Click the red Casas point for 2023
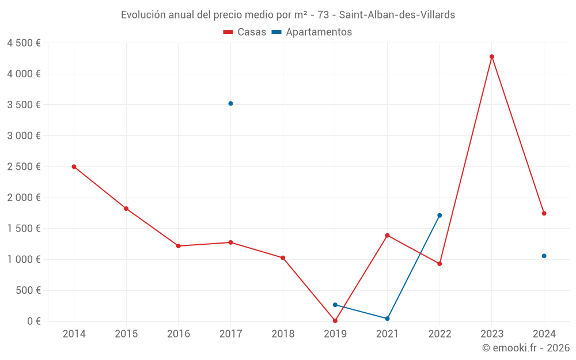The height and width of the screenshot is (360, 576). pyautogui.click(x=492, y=56)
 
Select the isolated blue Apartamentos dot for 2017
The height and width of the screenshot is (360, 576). pyautogui.click(x=230, y=104)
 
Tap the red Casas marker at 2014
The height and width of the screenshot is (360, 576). pyautogui.click(x=74, y=166)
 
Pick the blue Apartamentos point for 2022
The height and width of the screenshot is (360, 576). pyautogui.click(x=439, y=215)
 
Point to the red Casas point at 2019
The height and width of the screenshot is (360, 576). pyautogui.click(x=335, y=321)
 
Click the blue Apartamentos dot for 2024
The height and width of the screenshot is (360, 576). pyautogui.click(x=544, y=256)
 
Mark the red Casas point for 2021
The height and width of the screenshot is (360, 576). pyautogui.click(x=387, y=235)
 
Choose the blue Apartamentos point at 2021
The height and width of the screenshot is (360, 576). pyautogui.click(x=387, y=319)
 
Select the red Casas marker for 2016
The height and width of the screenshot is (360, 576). pyautogui.click(x=179, y=246)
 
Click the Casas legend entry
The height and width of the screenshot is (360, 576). pyautogui.click(x=245, y=32)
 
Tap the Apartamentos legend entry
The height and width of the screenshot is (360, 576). pyautogui.click(x=312, y=32)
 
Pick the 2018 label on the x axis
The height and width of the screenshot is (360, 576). pyautogui.click(x=283, y=334)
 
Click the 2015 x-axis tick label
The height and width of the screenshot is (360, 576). pyautogui.click(x=126, y=334)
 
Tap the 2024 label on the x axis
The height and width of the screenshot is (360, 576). pyautogui.click(x=544, y=334)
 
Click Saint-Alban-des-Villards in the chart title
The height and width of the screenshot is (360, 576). pyautogui.click(x=397, y=15)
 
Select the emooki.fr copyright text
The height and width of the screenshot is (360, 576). pyautogui.click(x=526, y=348)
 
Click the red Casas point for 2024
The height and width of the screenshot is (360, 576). pyautogui.click(x=544, y=213)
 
